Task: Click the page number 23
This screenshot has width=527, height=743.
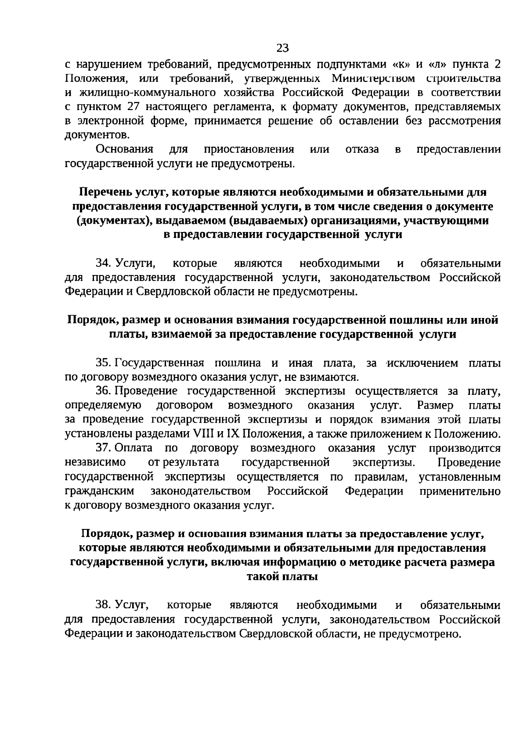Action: click(x=283, y=47)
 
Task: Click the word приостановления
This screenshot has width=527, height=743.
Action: click(x=249, y=149)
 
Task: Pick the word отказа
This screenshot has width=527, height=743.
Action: click(x=362, y=149)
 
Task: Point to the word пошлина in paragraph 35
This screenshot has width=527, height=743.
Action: click(x=238, y=363)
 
